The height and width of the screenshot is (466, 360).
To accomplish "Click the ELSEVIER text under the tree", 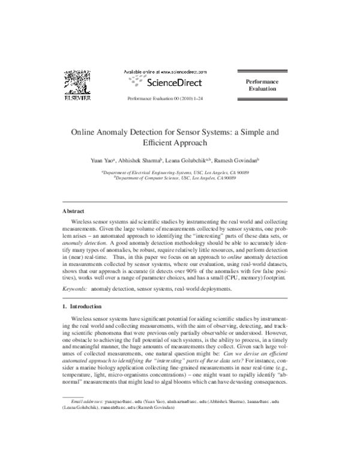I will [77, 97].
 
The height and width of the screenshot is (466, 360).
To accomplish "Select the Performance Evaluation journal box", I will [262, 85].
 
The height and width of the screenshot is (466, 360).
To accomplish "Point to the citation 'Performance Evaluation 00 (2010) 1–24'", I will [163, 97].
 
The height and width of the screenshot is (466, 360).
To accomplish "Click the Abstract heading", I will [74, 211].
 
